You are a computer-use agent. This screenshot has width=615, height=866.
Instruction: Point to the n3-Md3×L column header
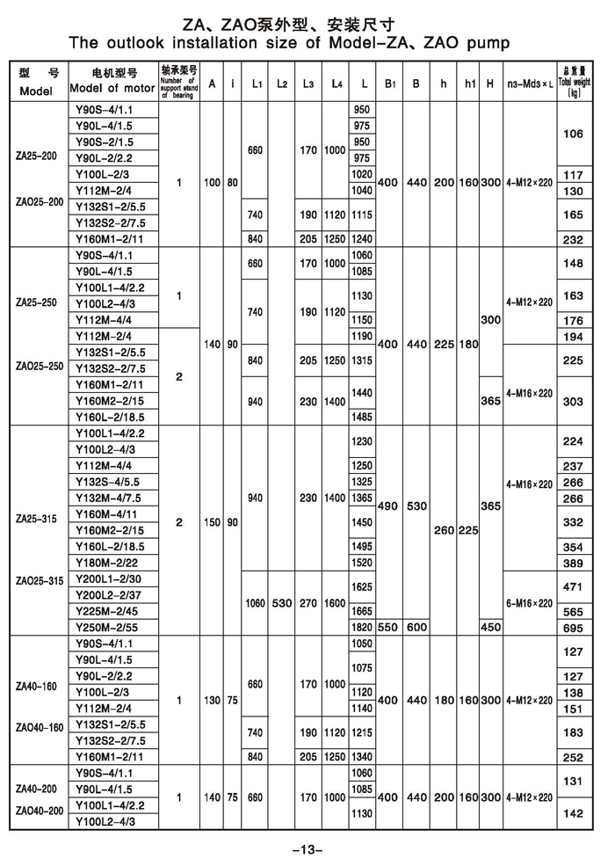click(x=531, y=84)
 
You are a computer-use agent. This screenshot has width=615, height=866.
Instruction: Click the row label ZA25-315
click(x=36, y=519)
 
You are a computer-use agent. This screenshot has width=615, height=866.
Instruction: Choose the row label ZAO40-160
click(x=40, y=727)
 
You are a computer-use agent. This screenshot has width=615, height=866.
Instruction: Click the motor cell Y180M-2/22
click(x=107, y=562)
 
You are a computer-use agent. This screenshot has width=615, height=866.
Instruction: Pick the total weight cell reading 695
click(x=574, y=628)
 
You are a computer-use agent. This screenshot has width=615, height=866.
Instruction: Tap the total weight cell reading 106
click(x=574, y=135)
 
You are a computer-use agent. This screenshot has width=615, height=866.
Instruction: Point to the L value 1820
click(x=361, y=628)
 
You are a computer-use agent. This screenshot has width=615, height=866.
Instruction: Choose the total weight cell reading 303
click(x=574, y=401)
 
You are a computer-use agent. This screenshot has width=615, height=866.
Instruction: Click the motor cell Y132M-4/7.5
click(x=107, y=498)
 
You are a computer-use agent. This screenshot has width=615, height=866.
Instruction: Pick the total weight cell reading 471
click(x=574, y=586)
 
